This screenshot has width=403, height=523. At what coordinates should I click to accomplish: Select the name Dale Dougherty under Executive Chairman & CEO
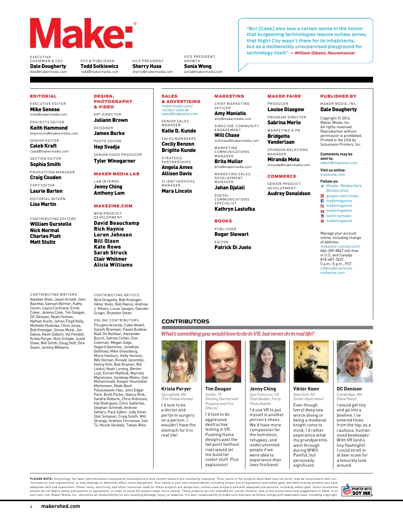pyautogui.click(x=48, y=66)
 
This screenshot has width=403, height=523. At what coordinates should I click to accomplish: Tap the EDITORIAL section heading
pyautogui.click(x=43, y=96)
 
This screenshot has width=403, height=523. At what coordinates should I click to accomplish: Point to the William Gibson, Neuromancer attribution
pyautogui.click(x=325, y=52)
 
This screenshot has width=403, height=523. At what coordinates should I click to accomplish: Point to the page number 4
pyautogui.click(x=31, y=506)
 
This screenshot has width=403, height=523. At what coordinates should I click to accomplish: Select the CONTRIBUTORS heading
pyautogui.click(x=185, y=321)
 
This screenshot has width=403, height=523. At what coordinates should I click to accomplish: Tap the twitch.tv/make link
pyautogui.click(x=338, y=216)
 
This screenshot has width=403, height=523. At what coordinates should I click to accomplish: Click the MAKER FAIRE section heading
pyautogui.click(x=284, y=96)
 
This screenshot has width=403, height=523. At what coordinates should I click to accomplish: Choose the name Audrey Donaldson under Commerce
pyautogui.click(x=289, y=193)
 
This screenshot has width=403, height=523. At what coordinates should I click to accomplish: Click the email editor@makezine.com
pyautogui.click(x=338, y=163)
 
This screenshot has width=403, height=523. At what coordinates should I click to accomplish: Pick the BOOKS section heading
pyautogui.click(x=223, y=221)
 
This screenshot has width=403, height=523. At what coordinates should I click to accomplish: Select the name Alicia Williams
pyautogui.click(x=113, y=265)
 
